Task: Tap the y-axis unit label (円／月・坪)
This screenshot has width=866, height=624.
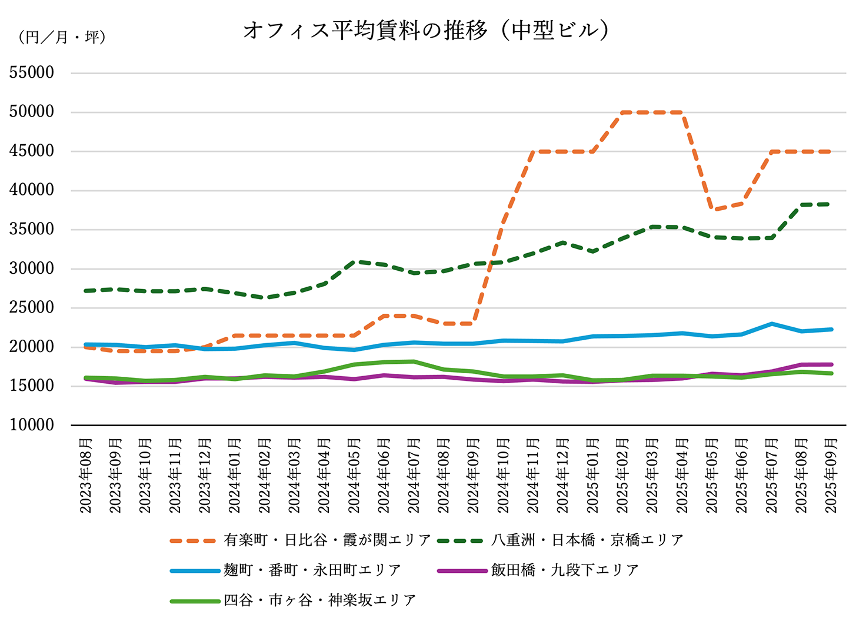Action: (x=62, y=38)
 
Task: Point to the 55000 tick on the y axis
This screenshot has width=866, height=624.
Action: (x=32, y=73)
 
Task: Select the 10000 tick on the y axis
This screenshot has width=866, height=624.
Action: (x=32, y=425)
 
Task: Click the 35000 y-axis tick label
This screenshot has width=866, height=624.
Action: (x=32, y=230)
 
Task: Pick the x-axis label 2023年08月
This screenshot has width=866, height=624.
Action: (x=86, y=476)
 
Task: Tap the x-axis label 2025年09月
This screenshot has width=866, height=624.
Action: (x=831, y=476)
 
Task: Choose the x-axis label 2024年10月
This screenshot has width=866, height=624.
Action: (x=503, y=476)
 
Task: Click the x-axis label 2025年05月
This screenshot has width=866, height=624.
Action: (x=712, y=476)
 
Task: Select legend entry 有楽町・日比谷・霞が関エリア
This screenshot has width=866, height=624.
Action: (x=301, y=540)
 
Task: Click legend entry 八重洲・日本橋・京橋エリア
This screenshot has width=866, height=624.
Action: (x=560, y=540)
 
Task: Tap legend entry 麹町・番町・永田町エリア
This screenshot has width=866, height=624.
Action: (x=286, y=570)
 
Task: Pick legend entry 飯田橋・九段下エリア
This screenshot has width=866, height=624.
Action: (x=538, y=570)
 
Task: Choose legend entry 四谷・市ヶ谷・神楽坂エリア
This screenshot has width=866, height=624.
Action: (x=294, y=600)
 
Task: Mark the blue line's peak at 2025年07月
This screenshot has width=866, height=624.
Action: (x=771, y=323)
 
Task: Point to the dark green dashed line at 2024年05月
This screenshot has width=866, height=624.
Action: (x=354, y=261)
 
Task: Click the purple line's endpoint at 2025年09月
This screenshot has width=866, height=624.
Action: (x=831, y=364)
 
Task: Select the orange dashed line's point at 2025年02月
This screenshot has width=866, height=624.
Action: (x=622, y=112)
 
